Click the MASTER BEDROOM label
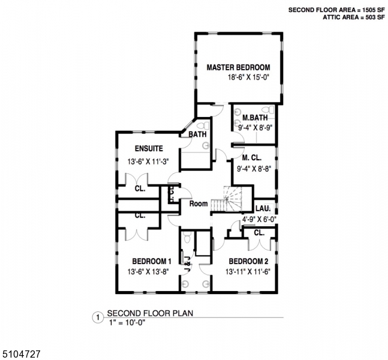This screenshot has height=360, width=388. [238, 67]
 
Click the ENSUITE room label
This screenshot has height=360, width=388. [148, 149]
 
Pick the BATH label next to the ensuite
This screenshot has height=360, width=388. [197, 135]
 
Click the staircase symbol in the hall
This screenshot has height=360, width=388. [231, 199]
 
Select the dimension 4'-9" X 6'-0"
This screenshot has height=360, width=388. [258, 220]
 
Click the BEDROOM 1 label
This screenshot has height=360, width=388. [152, 261]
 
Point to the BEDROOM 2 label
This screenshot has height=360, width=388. [248, 261]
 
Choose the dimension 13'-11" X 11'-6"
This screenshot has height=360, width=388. [248, 272]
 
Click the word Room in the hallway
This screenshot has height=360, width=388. [198, 204]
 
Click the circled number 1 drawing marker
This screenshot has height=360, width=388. [96, 317]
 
